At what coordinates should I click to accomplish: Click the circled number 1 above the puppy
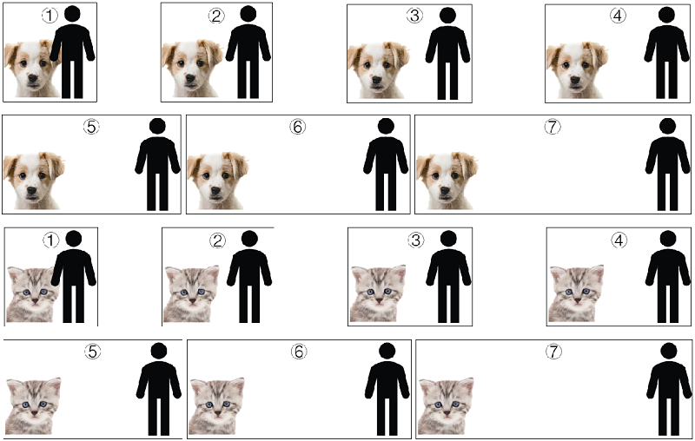pos(50,16)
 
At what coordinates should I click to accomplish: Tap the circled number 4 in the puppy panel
pos(618,16)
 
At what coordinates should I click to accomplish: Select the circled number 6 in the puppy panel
pos(297,127)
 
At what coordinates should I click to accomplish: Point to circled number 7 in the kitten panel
pos(553,352)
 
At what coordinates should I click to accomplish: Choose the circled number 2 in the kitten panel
pos(217,240)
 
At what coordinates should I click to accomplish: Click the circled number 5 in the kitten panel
pos(92,352)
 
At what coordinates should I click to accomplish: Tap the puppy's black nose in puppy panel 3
pos(377,80)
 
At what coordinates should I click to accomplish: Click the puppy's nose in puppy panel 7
pos(445,191)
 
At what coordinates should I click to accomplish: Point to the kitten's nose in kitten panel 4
pos(578,300)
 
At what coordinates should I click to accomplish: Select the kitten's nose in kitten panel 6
pos(218,412)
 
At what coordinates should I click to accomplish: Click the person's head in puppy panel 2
pos(248,14)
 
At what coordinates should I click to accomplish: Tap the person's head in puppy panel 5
pos(157,126)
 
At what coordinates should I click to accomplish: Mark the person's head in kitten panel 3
pos(448,239)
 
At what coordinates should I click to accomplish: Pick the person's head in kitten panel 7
pos(669,351)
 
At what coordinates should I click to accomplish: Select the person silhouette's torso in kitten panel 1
pos(74,267)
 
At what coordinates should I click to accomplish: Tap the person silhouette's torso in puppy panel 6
pos(386,155)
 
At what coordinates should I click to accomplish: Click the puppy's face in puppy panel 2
pos(191,69)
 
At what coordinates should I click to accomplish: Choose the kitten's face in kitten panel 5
pos(34,405)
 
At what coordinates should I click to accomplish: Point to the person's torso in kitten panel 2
pos(249,267)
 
